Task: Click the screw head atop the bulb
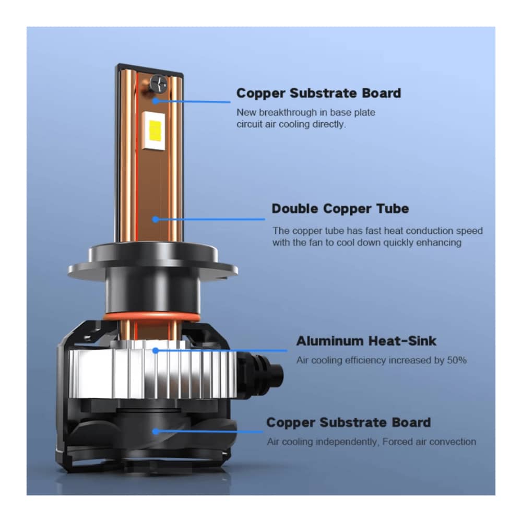[159, 83]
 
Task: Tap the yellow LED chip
[155, 130]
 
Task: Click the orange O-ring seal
[152, 317]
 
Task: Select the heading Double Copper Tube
[340, 209]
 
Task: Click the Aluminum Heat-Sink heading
[366, 341]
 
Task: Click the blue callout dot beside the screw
[156, 101]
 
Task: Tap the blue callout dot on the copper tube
[156, 219]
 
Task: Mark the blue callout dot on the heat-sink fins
[156, 351]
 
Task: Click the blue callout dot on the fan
[156, 432]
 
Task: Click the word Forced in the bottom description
[397, 442]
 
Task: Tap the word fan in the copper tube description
[316, 242]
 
